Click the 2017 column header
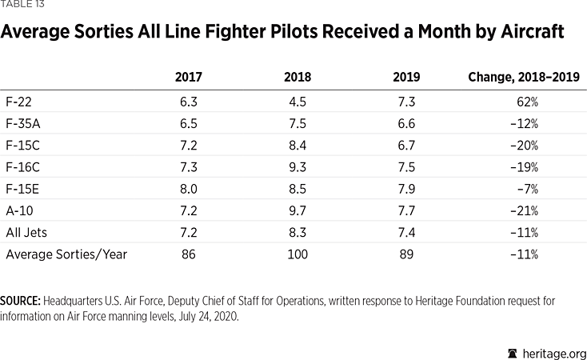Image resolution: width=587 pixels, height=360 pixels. point(189,78)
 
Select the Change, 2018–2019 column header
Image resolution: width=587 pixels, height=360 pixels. point(524,78)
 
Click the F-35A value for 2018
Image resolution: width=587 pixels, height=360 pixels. point(297,124)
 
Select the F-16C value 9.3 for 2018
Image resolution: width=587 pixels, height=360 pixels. point(297,168)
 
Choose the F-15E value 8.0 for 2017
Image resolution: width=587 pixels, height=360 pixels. point(189,190)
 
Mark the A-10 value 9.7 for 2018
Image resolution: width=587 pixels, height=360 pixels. point(297,211)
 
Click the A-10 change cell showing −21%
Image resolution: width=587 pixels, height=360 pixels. point(525,211)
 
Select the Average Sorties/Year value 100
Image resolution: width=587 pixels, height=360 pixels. point(297,254)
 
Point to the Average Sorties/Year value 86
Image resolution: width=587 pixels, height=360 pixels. point(189,254)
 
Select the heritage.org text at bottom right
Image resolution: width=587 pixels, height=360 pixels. point(553,353)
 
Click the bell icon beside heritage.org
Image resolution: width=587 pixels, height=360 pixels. point(511,353)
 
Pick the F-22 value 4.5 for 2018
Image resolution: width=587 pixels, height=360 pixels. point(297,102)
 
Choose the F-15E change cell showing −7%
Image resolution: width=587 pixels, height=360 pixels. point(527,190)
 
